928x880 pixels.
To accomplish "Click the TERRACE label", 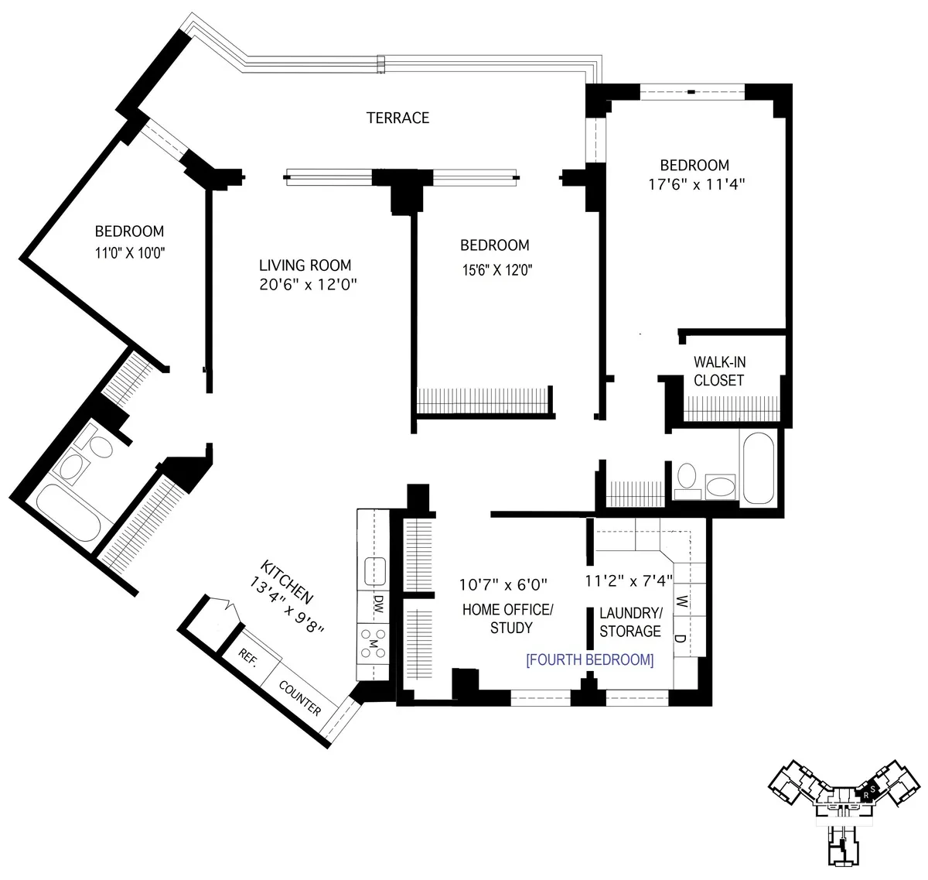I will pos(397,118).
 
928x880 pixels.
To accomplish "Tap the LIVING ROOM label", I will pos(307,265).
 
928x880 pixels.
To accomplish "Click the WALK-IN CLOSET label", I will pos(719,372).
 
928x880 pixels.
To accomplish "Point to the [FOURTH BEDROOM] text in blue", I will pos(589,660).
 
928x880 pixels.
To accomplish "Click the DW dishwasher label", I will pos(378,604).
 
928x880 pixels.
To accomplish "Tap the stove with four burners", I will pos(373,643).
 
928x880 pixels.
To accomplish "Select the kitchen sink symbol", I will pos(375,571).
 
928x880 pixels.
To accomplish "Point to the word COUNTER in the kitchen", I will pos(299,697).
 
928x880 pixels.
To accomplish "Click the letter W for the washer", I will pos(681,601).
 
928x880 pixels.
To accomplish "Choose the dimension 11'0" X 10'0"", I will pos(129,252).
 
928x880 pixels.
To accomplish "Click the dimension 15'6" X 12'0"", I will pos(495,269).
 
